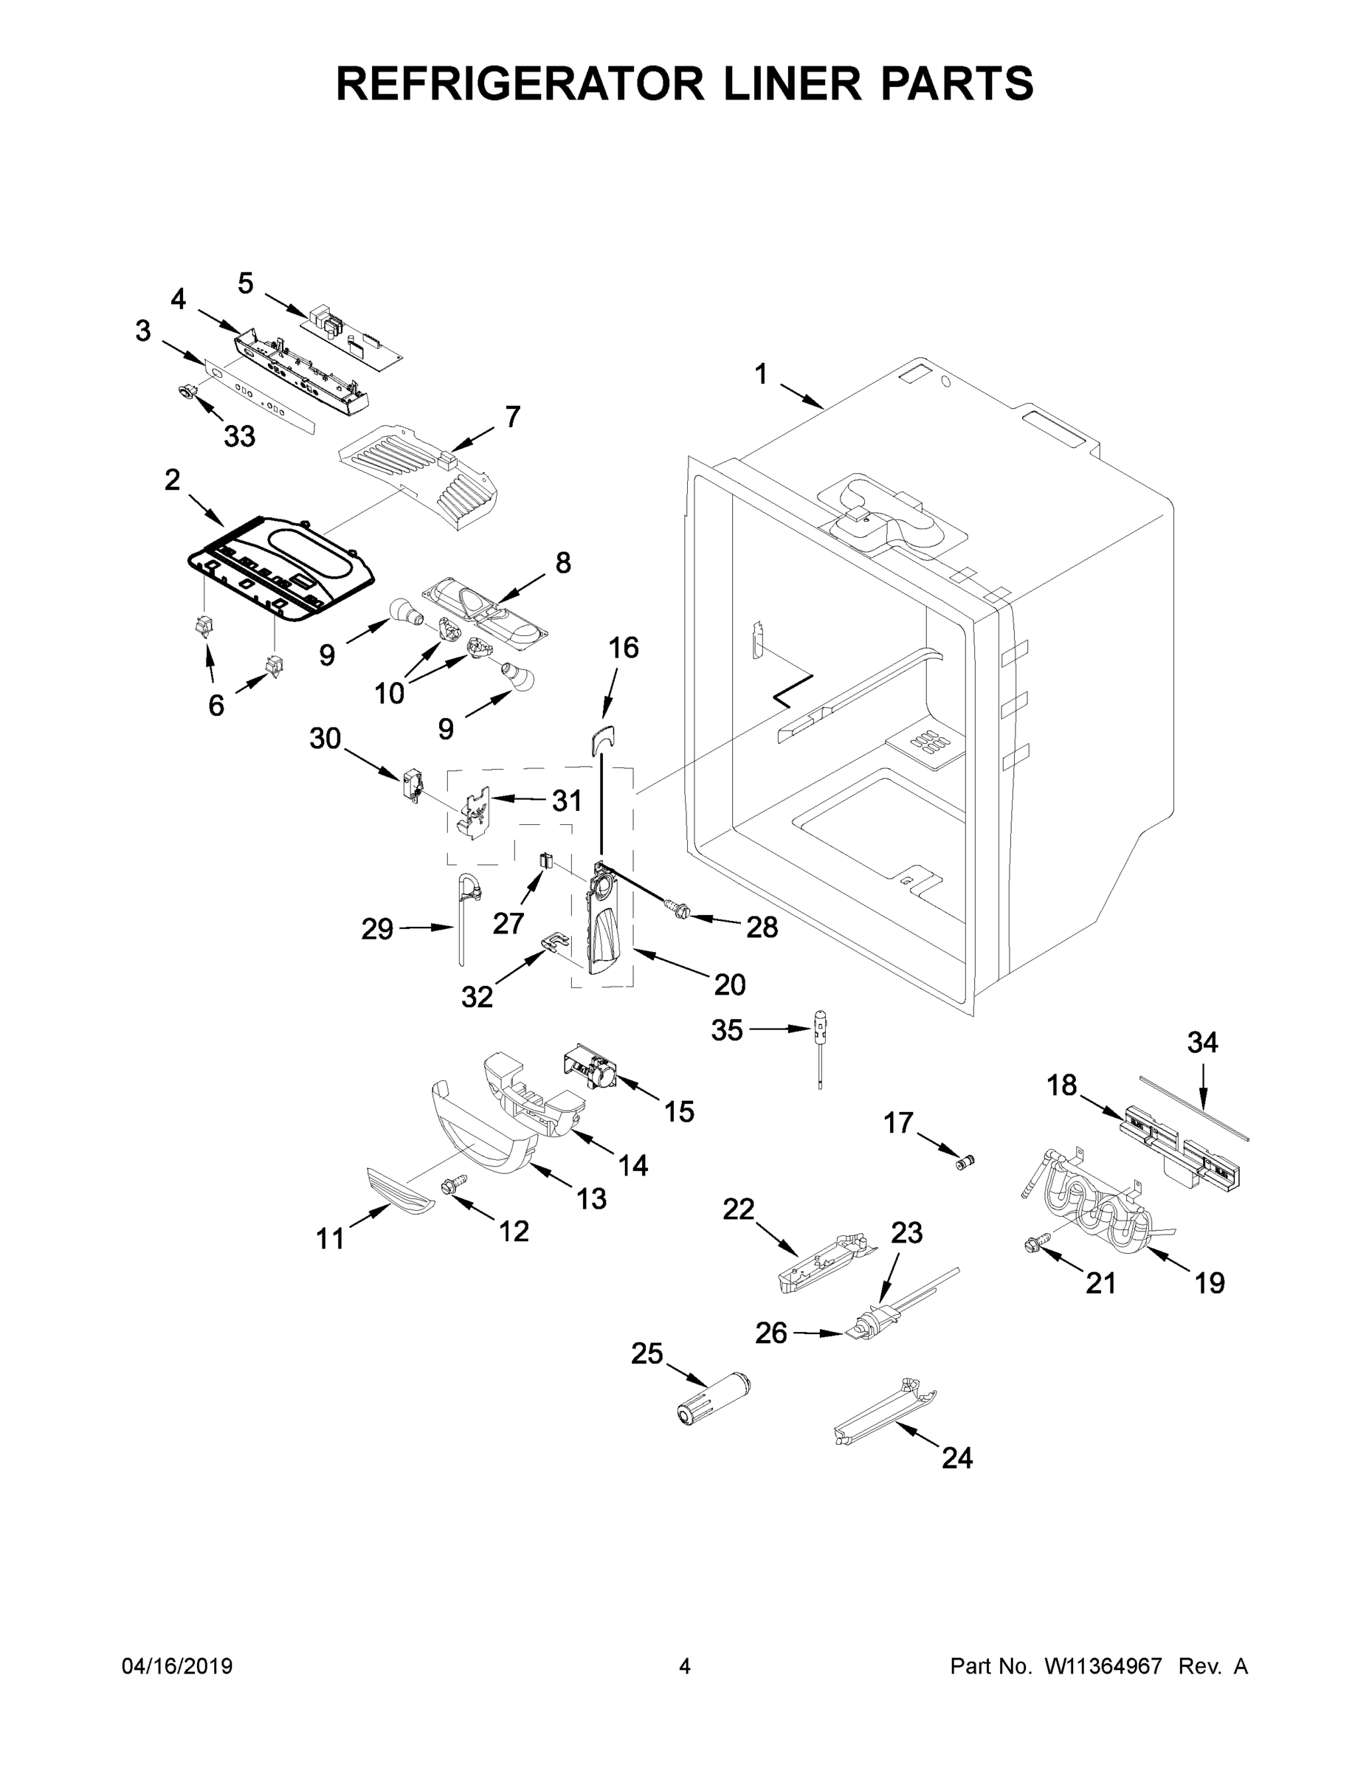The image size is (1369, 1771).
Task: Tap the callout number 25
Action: [647, 1353]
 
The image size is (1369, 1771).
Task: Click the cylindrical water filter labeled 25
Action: [714, 1397]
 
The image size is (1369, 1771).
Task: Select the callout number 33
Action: [239, 436]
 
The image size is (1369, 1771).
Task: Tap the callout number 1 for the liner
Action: [760, 374]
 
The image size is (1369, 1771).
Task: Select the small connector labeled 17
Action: [965, 1163]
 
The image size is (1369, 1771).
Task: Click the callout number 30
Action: [325, 738]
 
